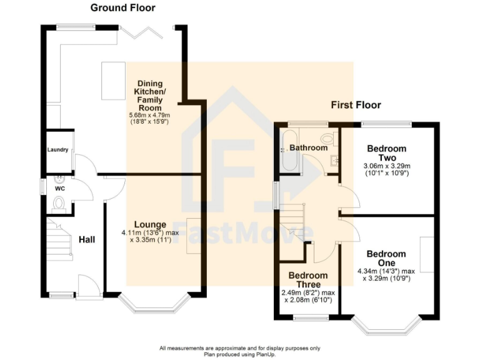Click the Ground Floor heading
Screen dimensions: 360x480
coord(123,8)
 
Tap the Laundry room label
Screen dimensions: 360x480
coord(58,151)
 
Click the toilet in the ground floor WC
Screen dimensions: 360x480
coord(59,202)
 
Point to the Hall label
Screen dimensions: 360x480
coord(87,239)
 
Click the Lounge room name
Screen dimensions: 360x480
coord(149,224)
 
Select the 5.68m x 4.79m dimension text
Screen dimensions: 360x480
coord(149,115)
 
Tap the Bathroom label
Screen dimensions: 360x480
coord(308,147)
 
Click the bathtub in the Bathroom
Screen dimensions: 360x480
coord(289,152)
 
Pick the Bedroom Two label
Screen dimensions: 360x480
coord(386,153)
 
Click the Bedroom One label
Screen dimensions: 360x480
coord(386,258)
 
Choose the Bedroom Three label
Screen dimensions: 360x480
coord(308,279)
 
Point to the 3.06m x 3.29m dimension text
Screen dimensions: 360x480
coord(386,166)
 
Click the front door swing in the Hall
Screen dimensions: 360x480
coord(88,286)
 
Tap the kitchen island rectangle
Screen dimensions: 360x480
coord(114,80)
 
